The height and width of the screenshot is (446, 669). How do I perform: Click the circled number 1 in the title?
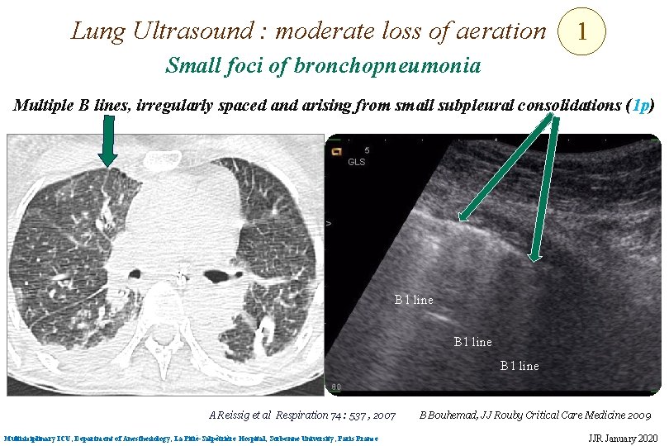(x=582, y=32)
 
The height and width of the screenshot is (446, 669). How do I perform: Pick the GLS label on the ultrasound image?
(x=357, y=162)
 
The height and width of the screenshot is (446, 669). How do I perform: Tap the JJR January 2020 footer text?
(x=624, y=437)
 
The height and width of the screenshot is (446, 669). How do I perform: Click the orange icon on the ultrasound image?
(x=337, y=151)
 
